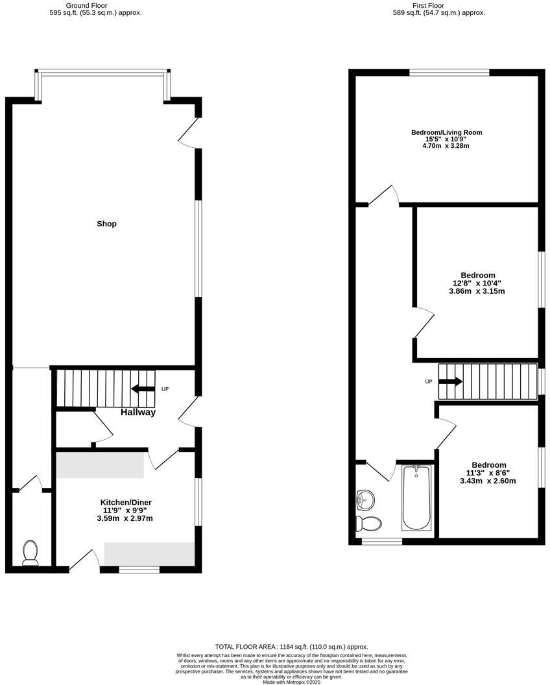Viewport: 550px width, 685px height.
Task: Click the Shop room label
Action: click(x=106, y=224)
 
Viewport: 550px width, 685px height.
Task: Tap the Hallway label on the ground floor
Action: click(x=137, y=412)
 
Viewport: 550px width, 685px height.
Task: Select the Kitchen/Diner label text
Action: click(x=126, y=503)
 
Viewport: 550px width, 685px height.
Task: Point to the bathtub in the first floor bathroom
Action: click(x=416, y=498)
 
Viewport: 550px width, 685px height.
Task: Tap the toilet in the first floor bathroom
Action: click(x=370, y=523)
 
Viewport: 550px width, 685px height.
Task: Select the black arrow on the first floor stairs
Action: click(x=451, y=381)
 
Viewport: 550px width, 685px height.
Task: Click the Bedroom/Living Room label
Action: click(x=447, y=132)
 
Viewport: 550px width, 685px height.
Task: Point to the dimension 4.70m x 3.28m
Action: click(x=446, y=146)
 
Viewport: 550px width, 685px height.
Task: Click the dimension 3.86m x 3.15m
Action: click(x=477, y=291)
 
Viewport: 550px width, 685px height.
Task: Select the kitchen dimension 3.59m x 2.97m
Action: click(x=125, y=518)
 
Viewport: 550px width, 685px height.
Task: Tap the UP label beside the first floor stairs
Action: click(x=428, y=381)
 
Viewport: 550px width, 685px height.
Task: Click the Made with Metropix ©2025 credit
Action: click(x=291, y=681)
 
